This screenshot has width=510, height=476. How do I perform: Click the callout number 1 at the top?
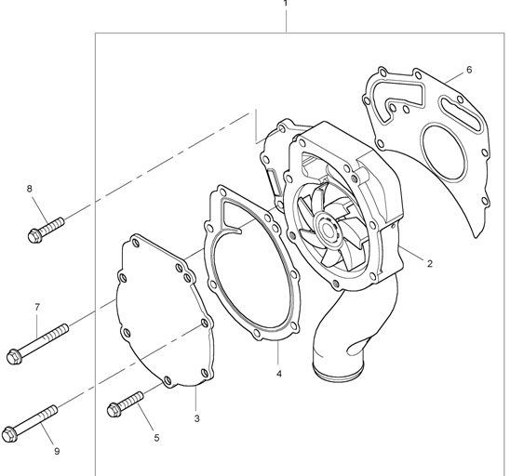coord(286,3)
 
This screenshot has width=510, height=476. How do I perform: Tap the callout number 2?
coord(430,264)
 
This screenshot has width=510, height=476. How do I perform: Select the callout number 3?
coord(196,418)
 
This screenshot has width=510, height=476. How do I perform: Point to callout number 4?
coord(279,374)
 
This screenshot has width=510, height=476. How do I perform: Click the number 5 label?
coord(156,438)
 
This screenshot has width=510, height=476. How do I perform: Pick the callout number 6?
coord(469,70)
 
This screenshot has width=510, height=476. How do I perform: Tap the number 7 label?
coord(37,307)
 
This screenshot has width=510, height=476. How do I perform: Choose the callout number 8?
coord(30,189)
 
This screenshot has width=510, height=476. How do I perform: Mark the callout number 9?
coord(57,451)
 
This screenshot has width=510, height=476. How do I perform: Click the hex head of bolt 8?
coord(34,235)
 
